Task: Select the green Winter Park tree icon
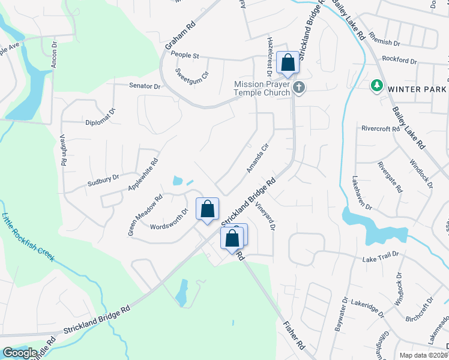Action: [377, 86]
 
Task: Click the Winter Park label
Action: [417, 89]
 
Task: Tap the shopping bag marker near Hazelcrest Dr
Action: [288, 62]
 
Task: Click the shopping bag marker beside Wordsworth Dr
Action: [208, 209]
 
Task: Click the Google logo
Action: [20, 352]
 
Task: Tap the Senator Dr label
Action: [145, 86]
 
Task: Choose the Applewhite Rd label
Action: [143, 175]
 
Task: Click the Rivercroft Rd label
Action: [381, 128]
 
